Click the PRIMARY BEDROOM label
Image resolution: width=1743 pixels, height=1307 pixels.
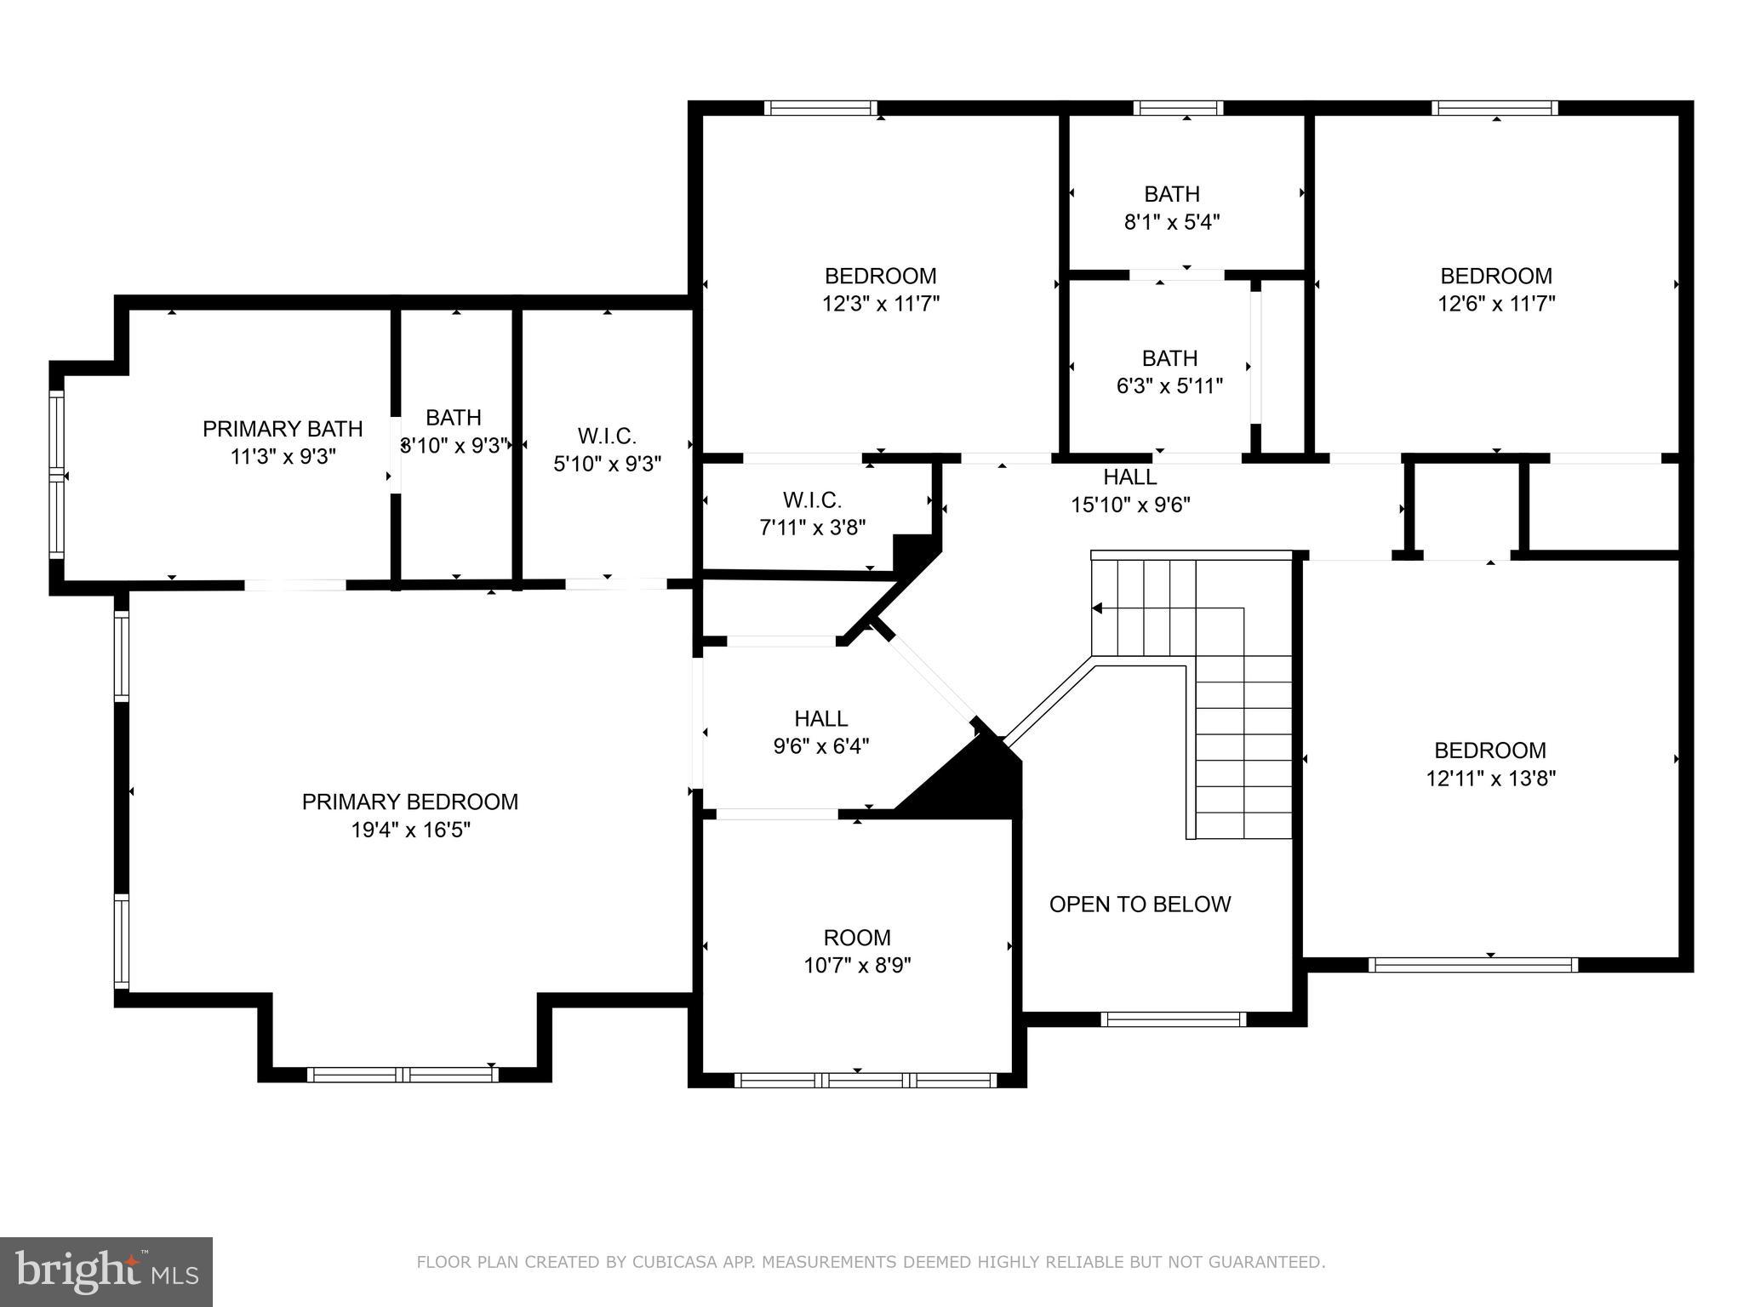pyautogui.click(x=409, y=802)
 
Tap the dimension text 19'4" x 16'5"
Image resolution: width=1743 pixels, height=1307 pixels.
pyautogui.click(x=410, y=830)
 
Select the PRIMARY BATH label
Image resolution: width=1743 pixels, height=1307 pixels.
pyautogui.click(x=283, y=429)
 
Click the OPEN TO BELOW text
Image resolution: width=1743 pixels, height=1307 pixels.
pyautogui.click(x=1140, y=904)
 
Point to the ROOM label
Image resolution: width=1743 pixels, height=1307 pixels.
pyautogui.click(x=857, y=938)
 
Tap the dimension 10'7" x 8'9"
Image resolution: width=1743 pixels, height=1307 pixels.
pyautogui.click(x=857, y=966)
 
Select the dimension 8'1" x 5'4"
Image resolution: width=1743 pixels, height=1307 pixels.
pyautogui.click(x=1172, y=222)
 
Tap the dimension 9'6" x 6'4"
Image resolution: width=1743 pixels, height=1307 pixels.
pyautogui.click(x=820, y=746)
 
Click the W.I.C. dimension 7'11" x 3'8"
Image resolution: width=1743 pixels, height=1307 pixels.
pyautogui.click(x=812, y=528)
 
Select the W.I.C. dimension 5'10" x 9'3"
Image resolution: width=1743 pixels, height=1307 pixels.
pyautogui.click(x=607, y=464)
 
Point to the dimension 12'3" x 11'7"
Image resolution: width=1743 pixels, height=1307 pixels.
pyautogui.click(x=880, y=304)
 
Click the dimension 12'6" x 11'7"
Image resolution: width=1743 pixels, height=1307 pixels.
pyautogui.click(x=1496, y=304)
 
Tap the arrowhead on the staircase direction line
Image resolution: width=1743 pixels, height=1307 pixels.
pyautogui.click(x=1097, y=608)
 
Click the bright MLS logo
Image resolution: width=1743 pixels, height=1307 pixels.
pyautogui.click(x=106, y=1272)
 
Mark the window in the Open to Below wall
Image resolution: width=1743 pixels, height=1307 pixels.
pyautogui.click(x=1173, y=1019)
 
